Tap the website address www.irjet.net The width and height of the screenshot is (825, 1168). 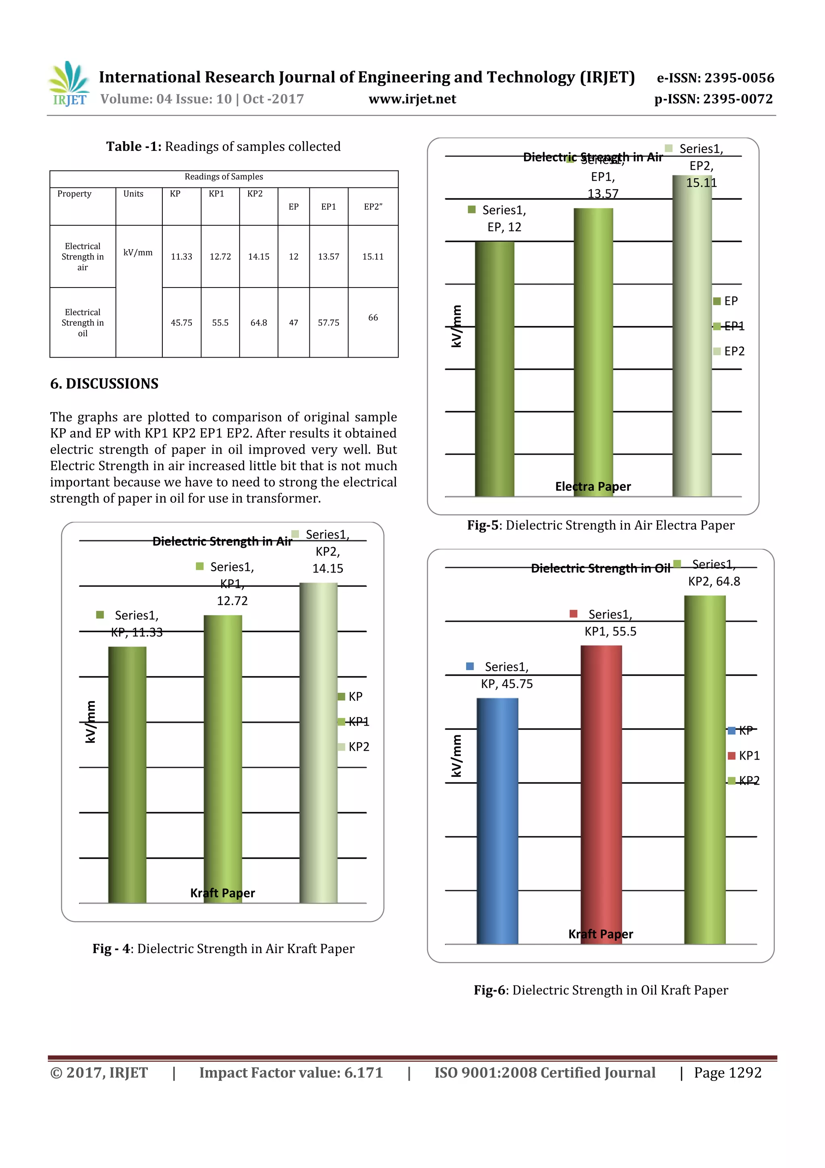coord(412,99)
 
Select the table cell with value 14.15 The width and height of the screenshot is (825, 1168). coord(258,257)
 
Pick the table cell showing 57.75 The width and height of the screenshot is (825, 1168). coord(328,323)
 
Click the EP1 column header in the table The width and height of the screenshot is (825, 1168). coord(328,206)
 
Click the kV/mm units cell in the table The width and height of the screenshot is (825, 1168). coord(138,253)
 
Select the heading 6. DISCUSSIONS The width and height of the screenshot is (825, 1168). coord(104,383)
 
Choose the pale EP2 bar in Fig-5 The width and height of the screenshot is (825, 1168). coord(691,336)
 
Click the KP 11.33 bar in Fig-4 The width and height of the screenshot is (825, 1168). coord(127,773)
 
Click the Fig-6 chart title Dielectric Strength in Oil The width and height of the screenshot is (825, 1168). coord(600,568)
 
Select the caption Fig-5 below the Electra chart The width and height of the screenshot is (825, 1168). coord(600,525)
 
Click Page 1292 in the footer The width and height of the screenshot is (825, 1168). coord(728,1073)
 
